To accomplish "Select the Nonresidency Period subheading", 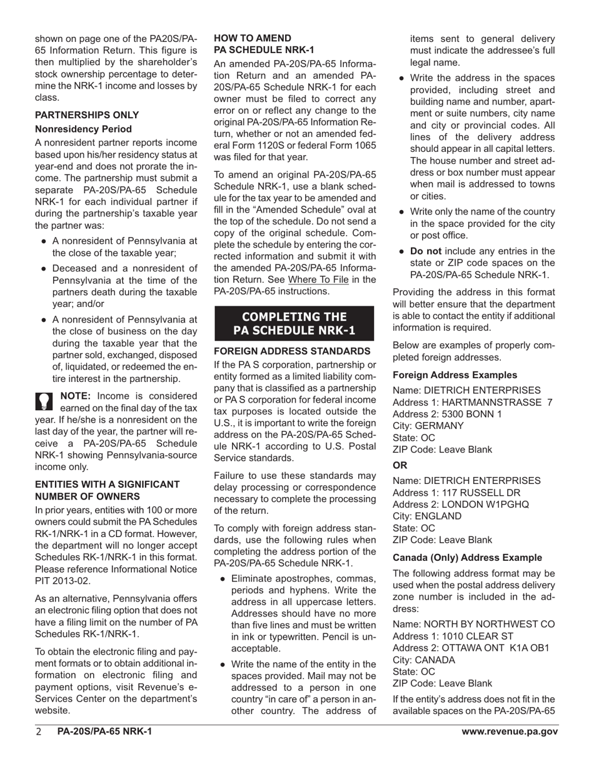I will point(83,129).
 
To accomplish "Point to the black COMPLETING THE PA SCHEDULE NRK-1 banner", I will point(294,323).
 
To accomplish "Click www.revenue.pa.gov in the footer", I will point(510,732).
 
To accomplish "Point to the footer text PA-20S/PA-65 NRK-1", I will point(104,732).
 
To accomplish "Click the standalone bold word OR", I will point(400,465).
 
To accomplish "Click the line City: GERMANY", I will point(428,426).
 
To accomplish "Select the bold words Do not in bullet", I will point(426,251).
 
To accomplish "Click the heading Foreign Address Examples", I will point(455,375).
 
